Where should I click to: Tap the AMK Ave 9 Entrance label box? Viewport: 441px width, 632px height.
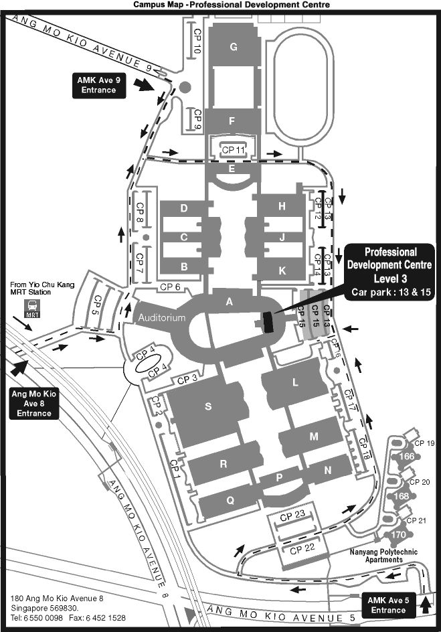pyautogui.click(x=98, y=84)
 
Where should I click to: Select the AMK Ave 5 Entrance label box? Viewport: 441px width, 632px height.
pyautogui.click(x=386, y=605)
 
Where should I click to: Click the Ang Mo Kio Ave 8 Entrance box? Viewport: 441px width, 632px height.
pyautogui.click(x=33, y=404)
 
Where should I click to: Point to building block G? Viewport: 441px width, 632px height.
pyautogui.click(x=234, y=47)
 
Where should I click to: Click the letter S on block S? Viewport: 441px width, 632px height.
pyautogui.click(x=208, y=406)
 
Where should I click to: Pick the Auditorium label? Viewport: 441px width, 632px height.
pyautogui.click(x=162, y=319)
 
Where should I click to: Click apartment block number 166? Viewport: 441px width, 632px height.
pyautogui.click(x=406, y=457)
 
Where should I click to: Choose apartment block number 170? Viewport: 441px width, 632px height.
pyautogui.click(x=398, y=534)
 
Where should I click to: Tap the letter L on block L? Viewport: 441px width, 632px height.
pyautogui.click(x=294, y=383)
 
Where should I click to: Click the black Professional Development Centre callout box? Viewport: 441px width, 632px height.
pyautogui.click(x=390, y=271)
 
